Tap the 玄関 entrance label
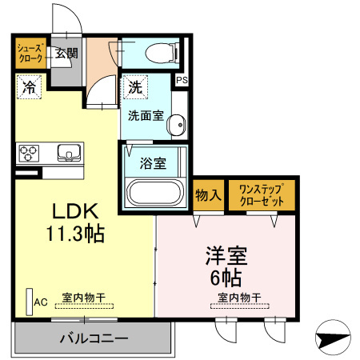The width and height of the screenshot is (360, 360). [66, 54]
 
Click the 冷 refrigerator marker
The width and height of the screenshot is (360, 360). [30, 85]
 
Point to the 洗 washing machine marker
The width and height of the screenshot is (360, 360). [132, 86]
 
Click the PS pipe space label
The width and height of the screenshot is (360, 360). [182, 80]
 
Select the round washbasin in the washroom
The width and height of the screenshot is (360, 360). [178, 123]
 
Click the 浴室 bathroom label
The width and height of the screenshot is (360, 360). [153, 164]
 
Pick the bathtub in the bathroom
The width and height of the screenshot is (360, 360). [155, 194]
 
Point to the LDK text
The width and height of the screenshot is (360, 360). [75, 212]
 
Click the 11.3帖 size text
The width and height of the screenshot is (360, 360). [75, 235]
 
